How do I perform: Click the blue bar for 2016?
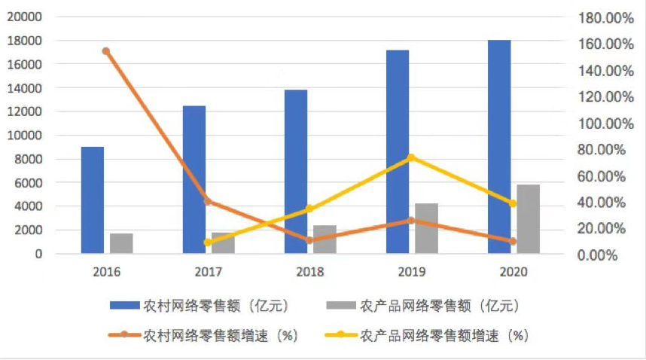pos(93,200)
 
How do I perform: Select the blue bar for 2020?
pos(499,147)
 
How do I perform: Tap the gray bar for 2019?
pos(426,228)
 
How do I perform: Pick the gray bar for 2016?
pos(121,243)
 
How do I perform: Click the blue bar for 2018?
pos(296,172)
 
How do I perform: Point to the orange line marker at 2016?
pos(106,51)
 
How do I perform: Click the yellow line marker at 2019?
pos(411,157)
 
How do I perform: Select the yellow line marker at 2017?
pos(208,243)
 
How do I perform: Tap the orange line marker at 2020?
pos(513,241)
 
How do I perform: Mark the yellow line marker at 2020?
pos(513,203)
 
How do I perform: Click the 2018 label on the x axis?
pos(309,270)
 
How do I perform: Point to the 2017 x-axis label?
pos(208,270)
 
